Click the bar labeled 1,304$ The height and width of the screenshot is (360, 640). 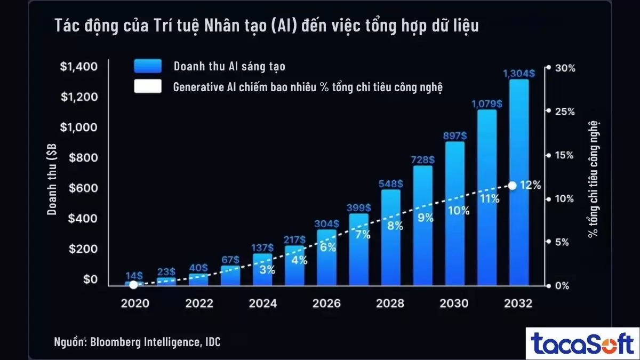click(x=519, y=181)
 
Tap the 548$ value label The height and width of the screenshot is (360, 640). click(x=391, y=183)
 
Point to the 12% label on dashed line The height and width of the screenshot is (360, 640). click(x=530, y=186)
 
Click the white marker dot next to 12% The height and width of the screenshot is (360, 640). click(x=512, y=186)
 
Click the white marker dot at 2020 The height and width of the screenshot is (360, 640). click(x=133, y=285)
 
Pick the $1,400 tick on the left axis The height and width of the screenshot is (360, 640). click(x=78, y=67)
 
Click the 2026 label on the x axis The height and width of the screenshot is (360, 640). click(x=326, y=303)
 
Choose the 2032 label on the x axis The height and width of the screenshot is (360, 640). click(x=518, y=303)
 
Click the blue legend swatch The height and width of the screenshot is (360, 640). click(x=148, y=66)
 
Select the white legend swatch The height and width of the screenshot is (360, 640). click(x=148, y=87)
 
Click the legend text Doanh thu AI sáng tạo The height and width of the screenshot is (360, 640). click(x=229, y=66)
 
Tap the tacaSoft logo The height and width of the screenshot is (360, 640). click(x=582, y=343)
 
